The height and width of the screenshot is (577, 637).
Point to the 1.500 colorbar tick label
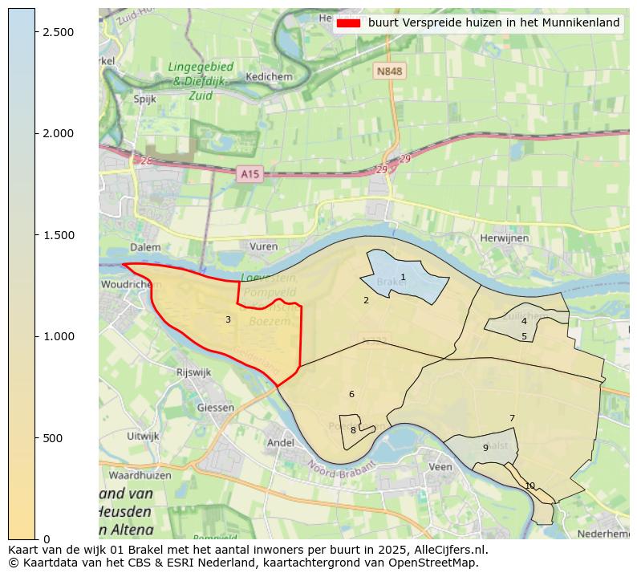coord(58,235)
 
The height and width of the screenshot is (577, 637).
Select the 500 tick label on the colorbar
coord(53,438)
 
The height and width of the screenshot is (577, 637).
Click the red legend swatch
coord(348,23)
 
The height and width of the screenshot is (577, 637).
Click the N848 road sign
coord(389,71)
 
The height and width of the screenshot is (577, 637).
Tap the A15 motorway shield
coord(250,173)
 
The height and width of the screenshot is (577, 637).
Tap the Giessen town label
coord(216,407)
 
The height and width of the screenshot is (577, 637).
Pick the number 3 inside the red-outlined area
coord(228,320)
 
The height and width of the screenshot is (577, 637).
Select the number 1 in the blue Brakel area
coord(403,278)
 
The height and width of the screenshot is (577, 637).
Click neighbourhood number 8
coord(352,431)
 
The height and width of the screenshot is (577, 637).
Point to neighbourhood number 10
coord(529,486)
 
